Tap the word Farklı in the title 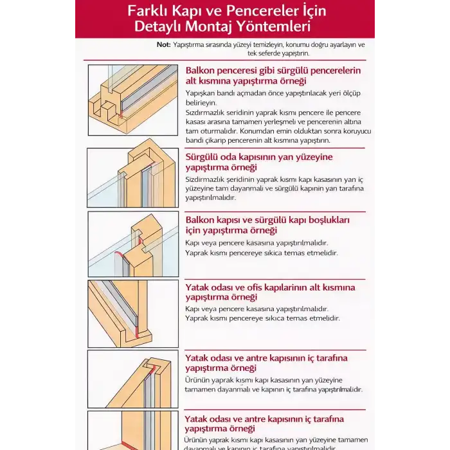coord(148,11)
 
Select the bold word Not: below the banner coord(164,44)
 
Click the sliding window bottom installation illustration coord(133,100)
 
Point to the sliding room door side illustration coord(132,177)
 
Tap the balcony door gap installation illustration coord(133,244)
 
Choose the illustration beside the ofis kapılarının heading coord(133,313)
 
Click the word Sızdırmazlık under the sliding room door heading coord(207,179)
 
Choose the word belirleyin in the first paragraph coord(201,103)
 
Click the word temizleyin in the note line coord(264,44)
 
